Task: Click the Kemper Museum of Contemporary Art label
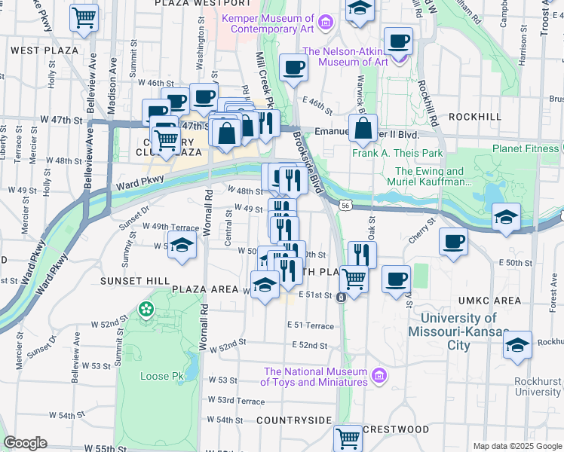point(268,23)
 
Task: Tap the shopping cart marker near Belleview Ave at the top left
point(84,17)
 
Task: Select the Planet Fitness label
point(526,148)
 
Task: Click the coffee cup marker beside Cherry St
point(453,242)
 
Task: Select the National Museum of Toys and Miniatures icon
point(379,374)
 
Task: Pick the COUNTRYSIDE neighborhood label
point(293,419)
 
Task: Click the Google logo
point(25,443)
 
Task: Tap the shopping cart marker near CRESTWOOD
point(348,436)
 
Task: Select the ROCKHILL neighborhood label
point(474,117)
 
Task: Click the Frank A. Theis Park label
point(397,153)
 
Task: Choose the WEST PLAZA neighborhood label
point(45,50)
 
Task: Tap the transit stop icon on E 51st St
point(342,297)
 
